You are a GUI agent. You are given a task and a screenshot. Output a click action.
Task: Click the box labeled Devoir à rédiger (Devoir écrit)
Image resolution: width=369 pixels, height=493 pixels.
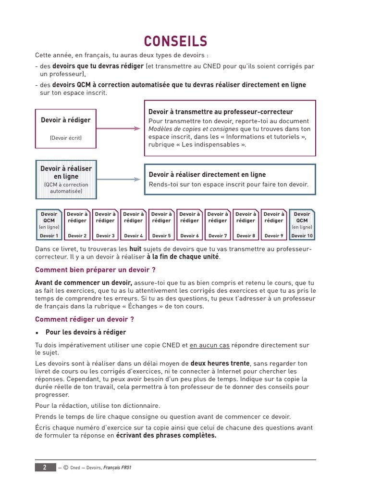65,129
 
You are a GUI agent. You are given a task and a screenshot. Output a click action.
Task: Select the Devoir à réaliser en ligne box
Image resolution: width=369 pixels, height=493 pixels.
66,180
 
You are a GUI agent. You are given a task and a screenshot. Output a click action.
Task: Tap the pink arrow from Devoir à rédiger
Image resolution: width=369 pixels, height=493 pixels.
118,129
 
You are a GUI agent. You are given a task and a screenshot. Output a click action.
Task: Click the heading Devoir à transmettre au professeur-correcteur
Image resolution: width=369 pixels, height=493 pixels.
221,112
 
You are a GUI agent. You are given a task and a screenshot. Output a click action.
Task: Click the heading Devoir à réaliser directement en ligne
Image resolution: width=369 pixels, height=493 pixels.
207,174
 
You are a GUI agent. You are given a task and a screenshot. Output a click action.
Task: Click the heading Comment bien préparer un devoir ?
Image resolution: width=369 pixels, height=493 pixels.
95,270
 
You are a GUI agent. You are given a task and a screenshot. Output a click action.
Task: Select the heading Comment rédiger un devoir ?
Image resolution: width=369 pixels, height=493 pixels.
85,319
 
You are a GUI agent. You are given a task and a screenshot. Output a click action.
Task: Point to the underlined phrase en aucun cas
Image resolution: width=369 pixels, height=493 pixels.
209,345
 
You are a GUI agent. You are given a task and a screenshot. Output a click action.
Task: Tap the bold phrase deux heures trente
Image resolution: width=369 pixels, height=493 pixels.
220,363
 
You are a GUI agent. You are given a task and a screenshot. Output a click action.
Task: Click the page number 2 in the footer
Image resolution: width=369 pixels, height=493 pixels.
45,467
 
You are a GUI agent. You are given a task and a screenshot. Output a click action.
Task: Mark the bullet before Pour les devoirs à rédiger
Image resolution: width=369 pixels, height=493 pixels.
37,332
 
